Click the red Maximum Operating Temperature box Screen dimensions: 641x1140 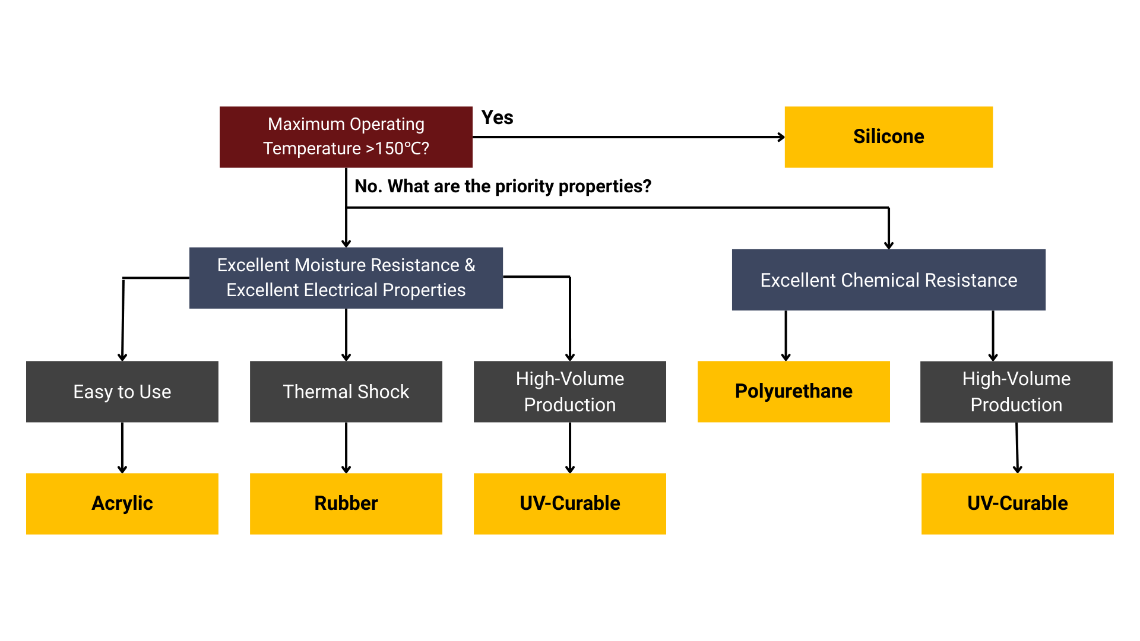click(x=346, y=137)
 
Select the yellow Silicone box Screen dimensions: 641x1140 click(x=888, y=137)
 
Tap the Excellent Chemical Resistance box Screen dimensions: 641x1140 click(x=888, y=280)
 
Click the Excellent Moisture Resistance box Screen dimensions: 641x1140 click(x=346, y=278)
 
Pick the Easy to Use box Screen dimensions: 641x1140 click(x=122, y=392)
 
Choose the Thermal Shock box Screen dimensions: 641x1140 click(x=346, y=392)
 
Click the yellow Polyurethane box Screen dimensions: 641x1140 click(x=793, y=392)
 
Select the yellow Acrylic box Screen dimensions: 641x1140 click(x=122, y=503)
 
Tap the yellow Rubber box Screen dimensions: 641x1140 click(x=346, y=503)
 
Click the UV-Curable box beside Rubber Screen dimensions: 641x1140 click(x=569, y=503)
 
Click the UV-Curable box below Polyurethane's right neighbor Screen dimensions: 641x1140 click(x=1017, y=503)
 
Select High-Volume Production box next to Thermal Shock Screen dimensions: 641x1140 click(x=569, y=392)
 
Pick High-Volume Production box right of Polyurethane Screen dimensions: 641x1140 click(x=1016, y=392)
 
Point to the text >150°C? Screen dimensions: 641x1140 click(x=397, y=148)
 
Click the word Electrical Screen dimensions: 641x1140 click(x=340, y=290)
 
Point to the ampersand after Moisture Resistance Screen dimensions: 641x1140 click(x=470, y=265)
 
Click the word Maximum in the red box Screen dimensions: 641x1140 click(x=306, y=124)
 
